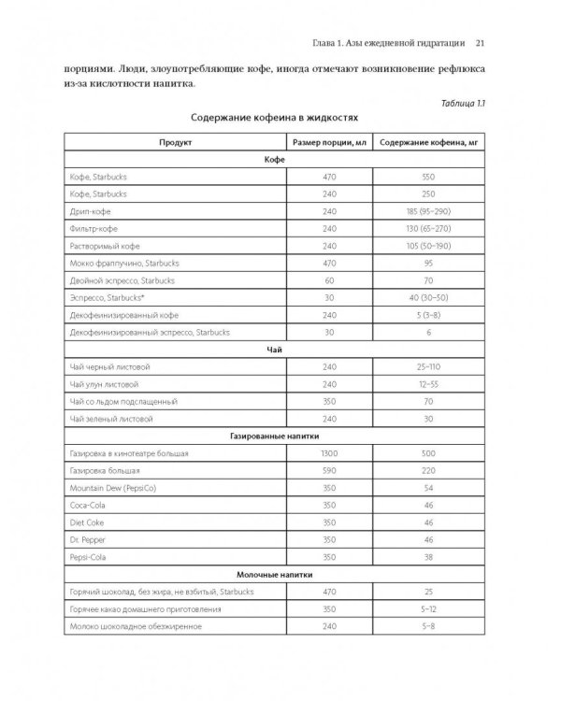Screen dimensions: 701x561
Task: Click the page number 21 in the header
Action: point(479,41)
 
